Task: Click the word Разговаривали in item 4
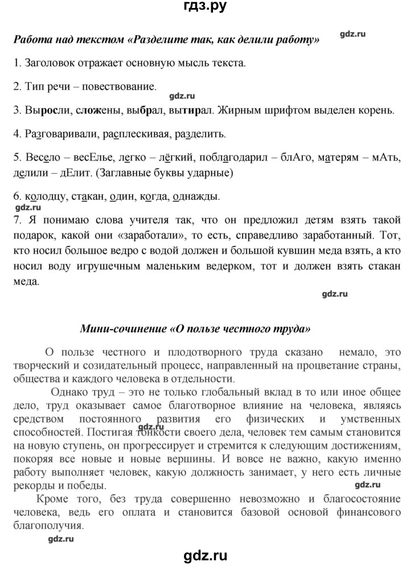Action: pos(56,135)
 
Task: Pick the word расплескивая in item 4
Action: pos(132,135)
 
